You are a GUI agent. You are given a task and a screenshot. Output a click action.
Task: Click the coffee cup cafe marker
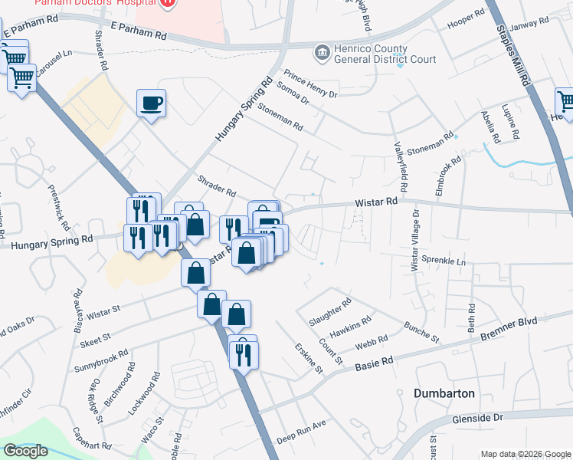coord(151,103)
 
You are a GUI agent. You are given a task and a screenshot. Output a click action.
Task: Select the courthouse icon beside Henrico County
coord(321,53)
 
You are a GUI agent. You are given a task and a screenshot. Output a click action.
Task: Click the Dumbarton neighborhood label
coord(444,393)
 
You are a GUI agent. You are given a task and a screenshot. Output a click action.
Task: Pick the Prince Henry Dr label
coord(310,84)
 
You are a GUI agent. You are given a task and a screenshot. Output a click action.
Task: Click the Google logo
coord(26,451)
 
